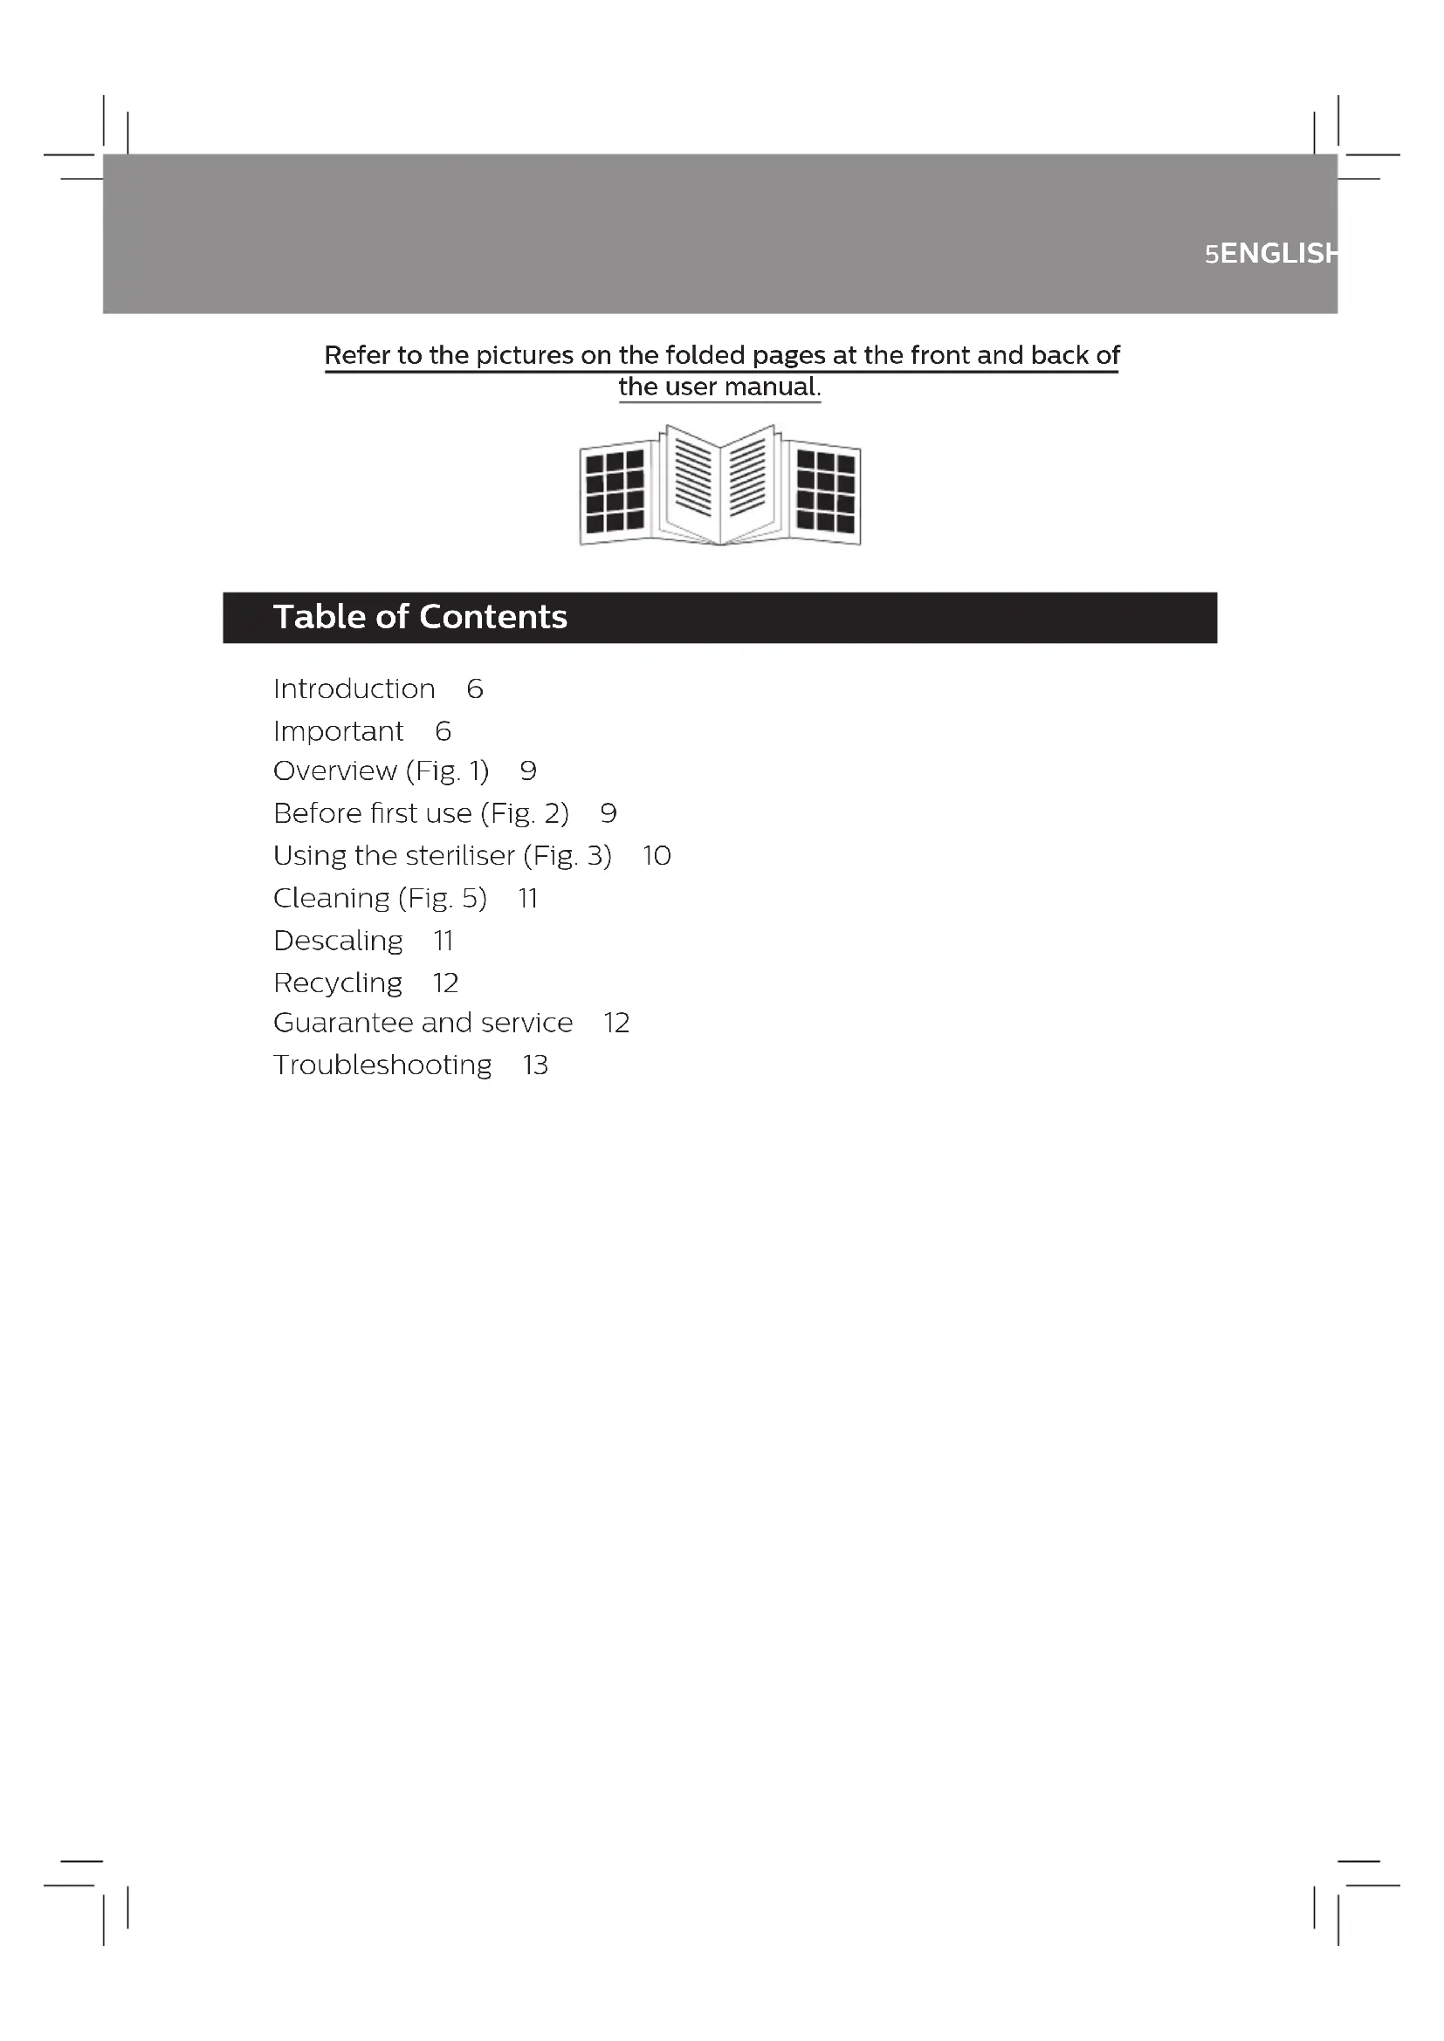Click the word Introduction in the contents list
[354, 689]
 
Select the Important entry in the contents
[338, 731]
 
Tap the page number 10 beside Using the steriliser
[657, 856]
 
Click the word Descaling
[338, 941]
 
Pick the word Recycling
[338, 983]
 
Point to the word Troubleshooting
[382, 1065]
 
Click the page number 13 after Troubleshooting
[535, 1065]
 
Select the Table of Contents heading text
[420, 617]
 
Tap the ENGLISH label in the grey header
[1279, 254]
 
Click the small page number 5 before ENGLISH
[1211, 255]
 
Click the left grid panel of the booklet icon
[615, 491]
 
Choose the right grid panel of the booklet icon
[825, 491]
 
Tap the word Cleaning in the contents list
[331, 899]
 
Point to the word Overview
[334, 771]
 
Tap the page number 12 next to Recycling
[445, 983]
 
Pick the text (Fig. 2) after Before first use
[525, 813]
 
